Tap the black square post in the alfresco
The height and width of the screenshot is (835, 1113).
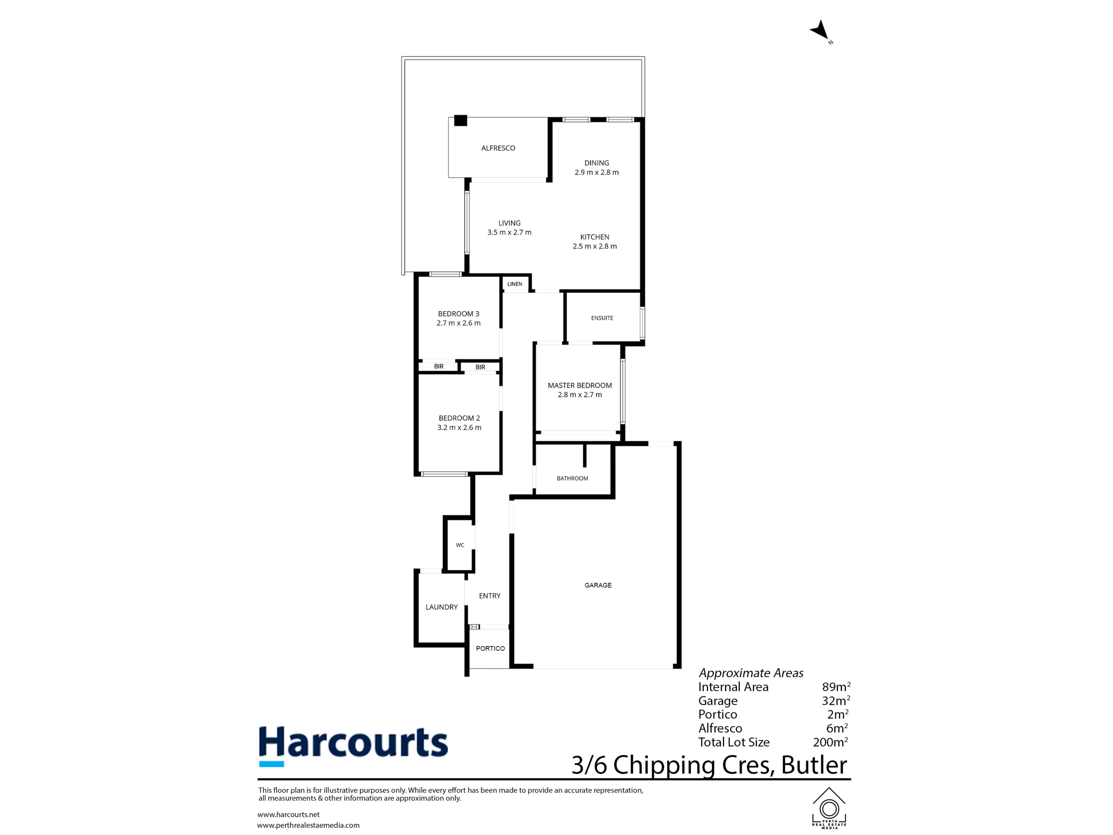460,121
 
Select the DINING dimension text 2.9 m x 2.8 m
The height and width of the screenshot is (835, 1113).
597,172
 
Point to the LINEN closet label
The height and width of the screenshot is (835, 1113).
515,284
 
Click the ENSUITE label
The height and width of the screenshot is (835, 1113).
602,318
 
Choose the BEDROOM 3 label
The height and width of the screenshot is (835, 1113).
458,314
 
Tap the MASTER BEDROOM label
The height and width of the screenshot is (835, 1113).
580,386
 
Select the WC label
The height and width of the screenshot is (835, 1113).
460,545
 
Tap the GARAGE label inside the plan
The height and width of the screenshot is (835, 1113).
598,585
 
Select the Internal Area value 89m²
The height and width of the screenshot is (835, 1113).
836,687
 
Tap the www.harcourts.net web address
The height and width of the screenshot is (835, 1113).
288,814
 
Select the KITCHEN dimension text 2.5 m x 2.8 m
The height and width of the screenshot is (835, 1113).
595,246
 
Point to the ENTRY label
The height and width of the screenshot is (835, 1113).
490,596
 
